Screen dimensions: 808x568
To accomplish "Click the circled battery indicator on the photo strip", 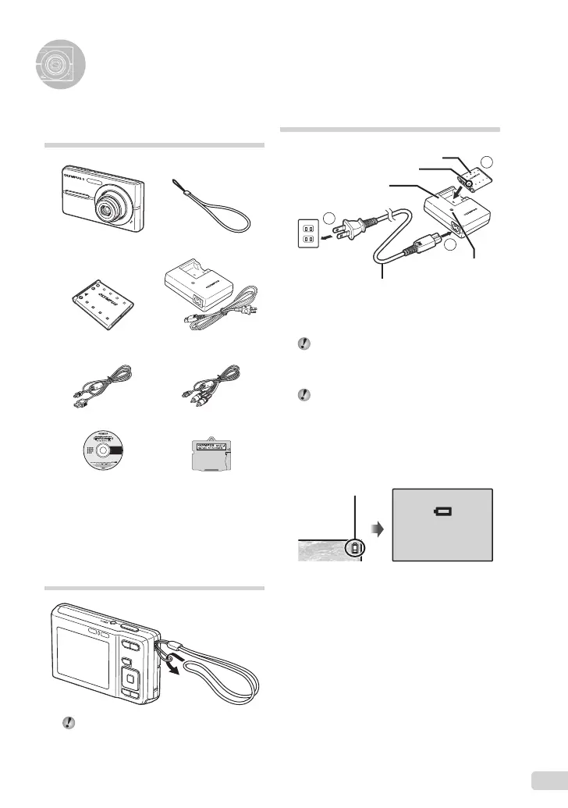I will (355, 549).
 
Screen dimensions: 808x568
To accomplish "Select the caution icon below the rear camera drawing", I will (68, 724).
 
